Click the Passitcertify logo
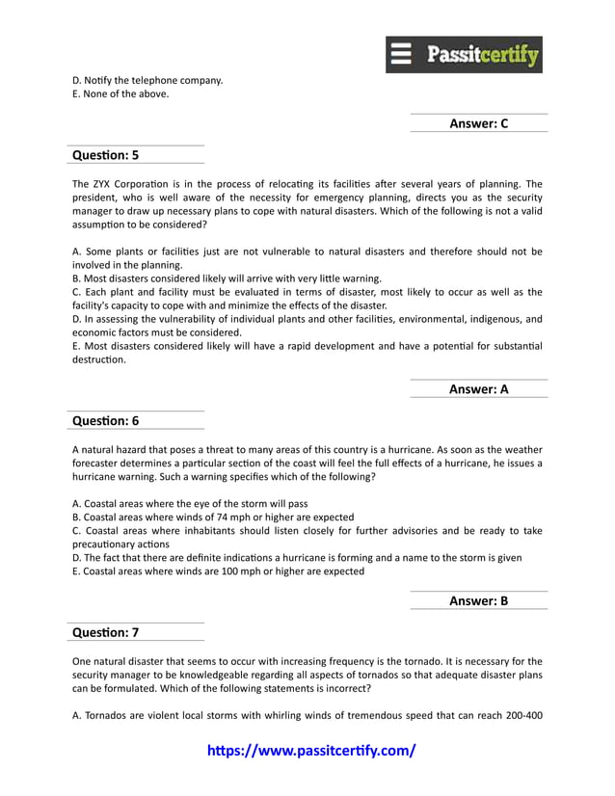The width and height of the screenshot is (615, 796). [465, 55]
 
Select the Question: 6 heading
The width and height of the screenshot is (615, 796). [106, 420]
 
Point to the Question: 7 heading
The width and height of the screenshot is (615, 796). [106, 632]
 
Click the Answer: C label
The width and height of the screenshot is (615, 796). [478, 123]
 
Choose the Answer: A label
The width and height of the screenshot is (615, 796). [478, 389]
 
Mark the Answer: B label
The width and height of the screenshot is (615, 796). [478, 600]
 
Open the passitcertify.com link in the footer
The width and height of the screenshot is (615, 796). [312, 750]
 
